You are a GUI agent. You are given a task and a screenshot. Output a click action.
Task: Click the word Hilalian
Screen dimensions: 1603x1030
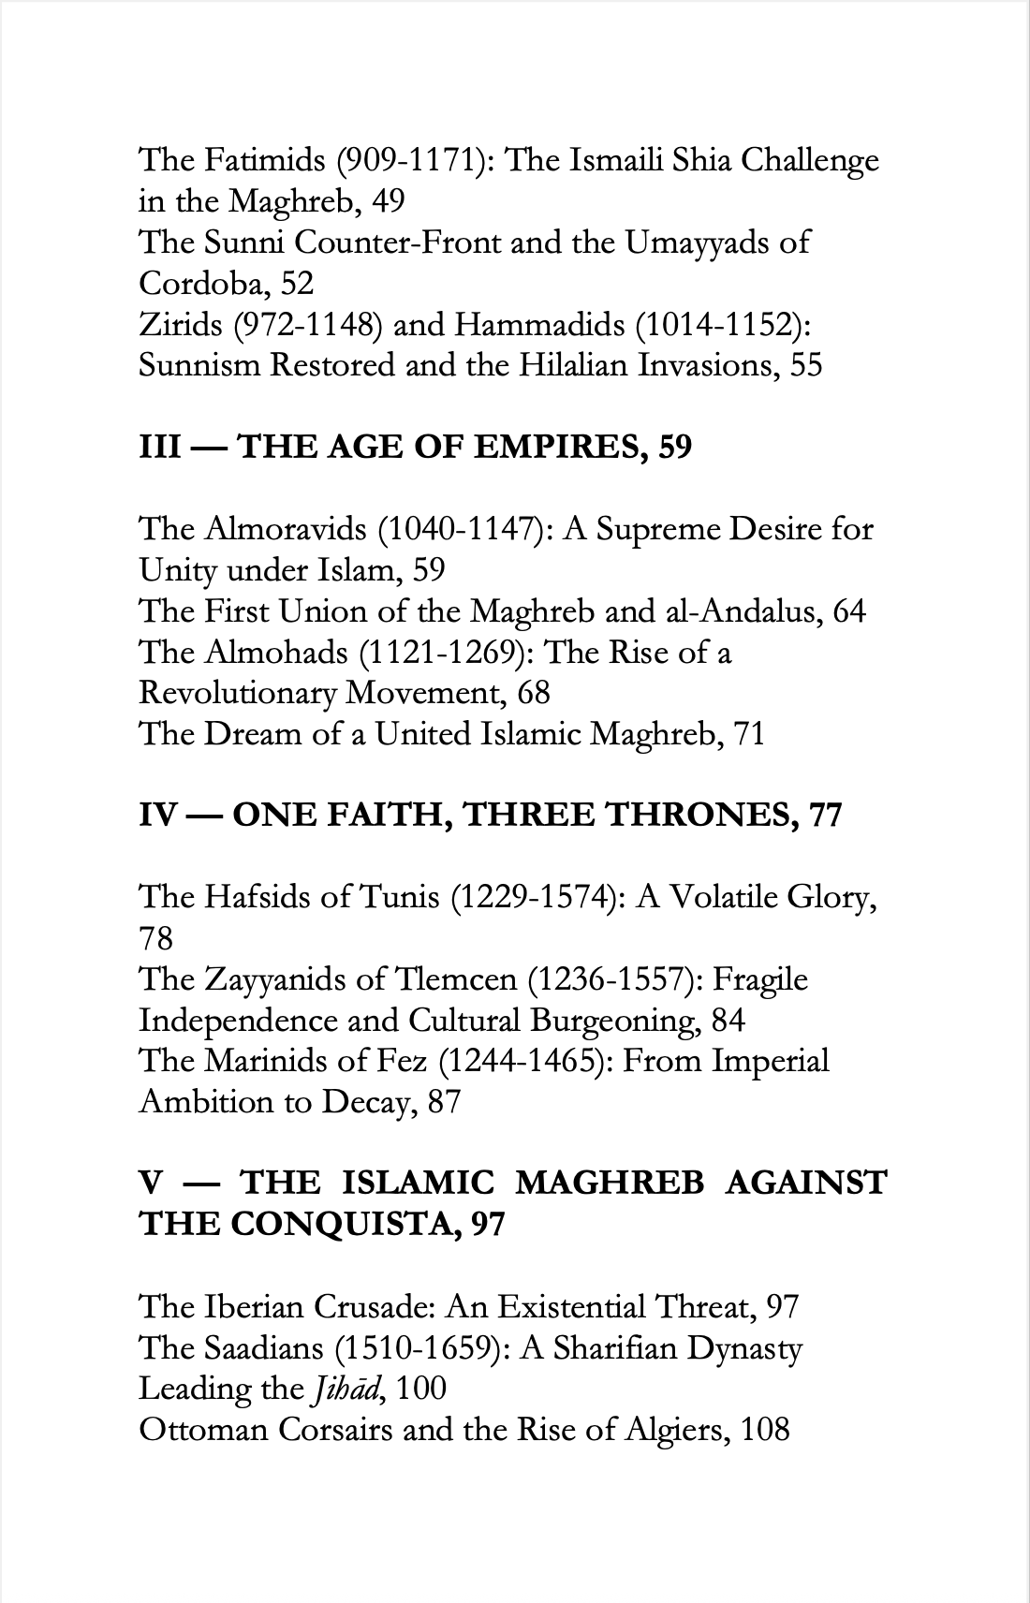click(572, 365)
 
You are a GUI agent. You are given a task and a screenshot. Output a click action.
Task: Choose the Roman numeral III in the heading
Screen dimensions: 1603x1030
click(159, 448)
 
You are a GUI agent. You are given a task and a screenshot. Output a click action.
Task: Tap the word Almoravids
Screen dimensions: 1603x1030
click(286, 529)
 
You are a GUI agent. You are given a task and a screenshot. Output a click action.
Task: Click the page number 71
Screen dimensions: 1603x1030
click(749, 734)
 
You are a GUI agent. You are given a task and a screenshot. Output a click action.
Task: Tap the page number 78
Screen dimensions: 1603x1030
click(156, 938)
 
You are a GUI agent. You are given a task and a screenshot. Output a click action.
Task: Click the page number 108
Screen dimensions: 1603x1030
click(765, 1430)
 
